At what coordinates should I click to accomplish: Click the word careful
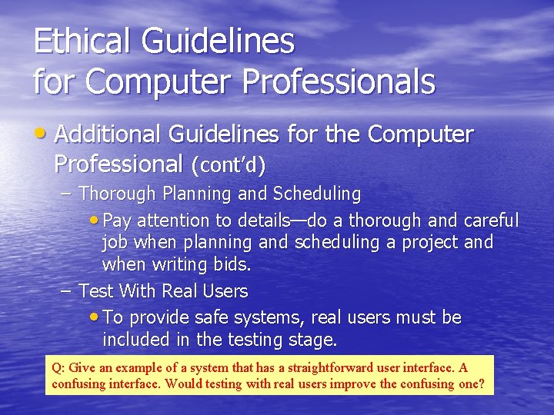click(x=492, y=221)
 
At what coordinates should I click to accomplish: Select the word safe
click(x=199, y=317)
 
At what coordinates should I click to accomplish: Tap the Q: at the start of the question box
click(x=58, y=367)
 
